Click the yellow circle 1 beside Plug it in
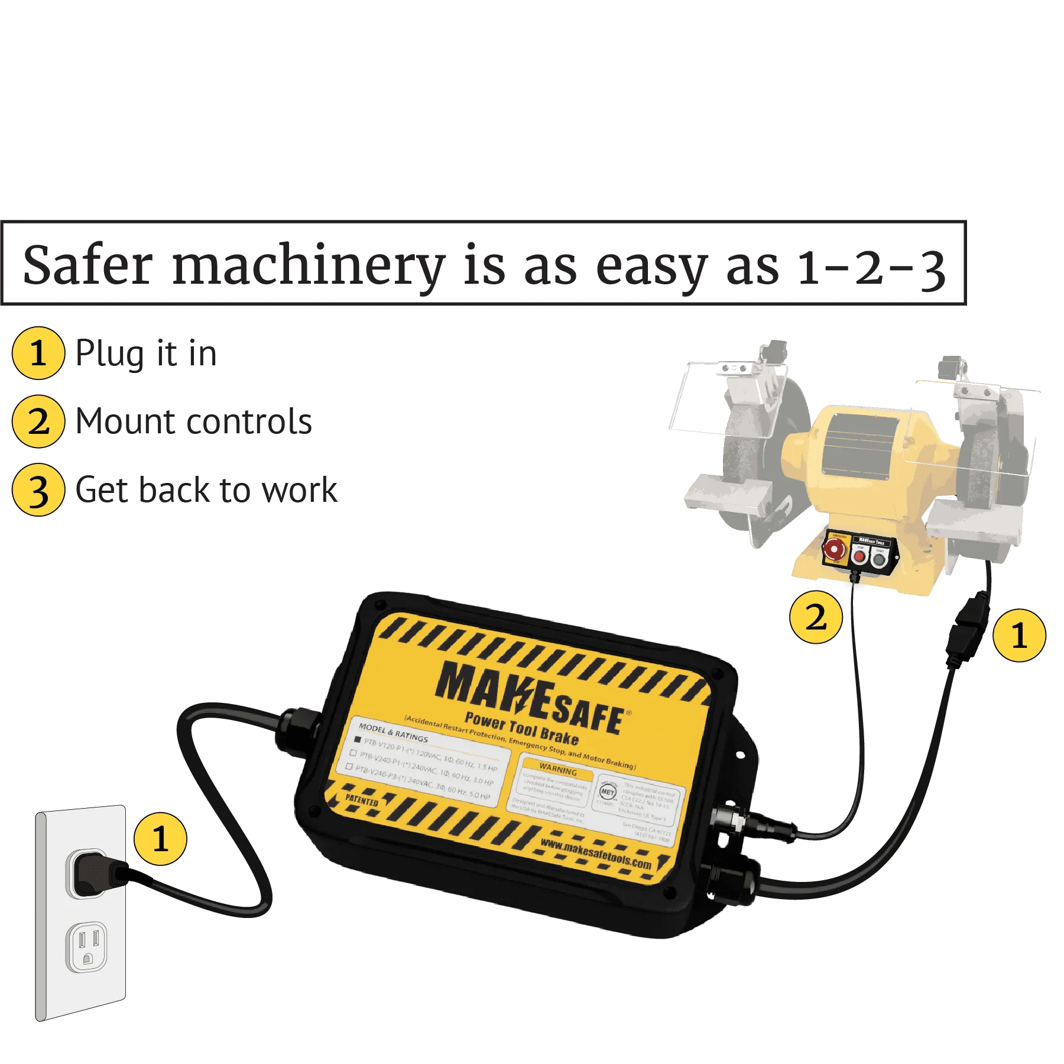[38, 353]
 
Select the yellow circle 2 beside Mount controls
[38, 422]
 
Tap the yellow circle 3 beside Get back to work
[38, 490]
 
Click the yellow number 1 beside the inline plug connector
[1019, 635]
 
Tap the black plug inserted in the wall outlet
[95, 872]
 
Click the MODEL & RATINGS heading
[393, 732]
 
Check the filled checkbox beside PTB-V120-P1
[357, 740]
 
